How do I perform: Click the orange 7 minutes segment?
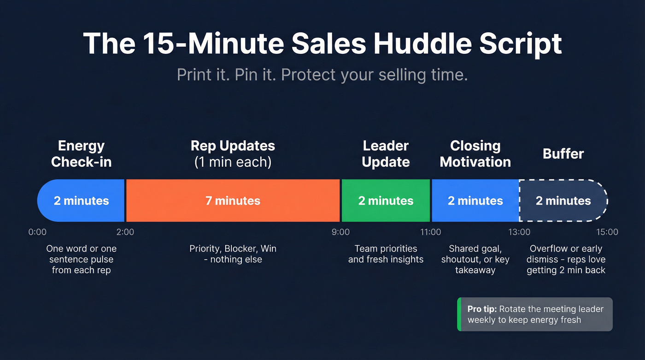pyautogui.click(x=233, y=201)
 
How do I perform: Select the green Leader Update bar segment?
pyautogui.click(x=386, y=201)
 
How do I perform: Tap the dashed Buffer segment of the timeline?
pyautogui.click(x=563, y=201)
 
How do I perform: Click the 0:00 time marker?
pyautogui.click(x=37, y=232)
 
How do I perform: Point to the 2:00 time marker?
pyautogui.click(x=125, y=232)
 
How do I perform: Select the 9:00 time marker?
pyautogui.click(x=340, y=232)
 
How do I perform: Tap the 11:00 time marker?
pyautogui.click(x=430, y=232)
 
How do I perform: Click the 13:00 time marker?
pyautogui.click(x=520, y=232)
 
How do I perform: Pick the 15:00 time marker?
pyautogui.click(x=607, y=232)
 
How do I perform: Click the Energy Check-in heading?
pyautogui.click(x=81, y=154)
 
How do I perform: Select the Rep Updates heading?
pyautogui.click(x=233, y=146)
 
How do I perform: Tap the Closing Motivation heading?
pyautogui.click(x=475, y=154)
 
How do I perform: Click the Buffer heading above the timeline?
pyautogui.click(x=563, y=153)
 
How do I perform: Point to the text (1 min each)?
pyautogui.click(x=233, y=162)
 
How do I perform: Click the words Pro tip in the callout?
pyautogui.click(x=481, y=309)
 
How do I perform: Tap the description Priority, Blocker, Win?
pyautogui.click(x=233, y=249)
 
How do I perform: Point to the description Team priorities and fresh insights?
pyautogui.click(x=386, y=254)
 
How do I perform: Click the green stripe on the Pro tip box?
pyautogui.click(x=459, y=314)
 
